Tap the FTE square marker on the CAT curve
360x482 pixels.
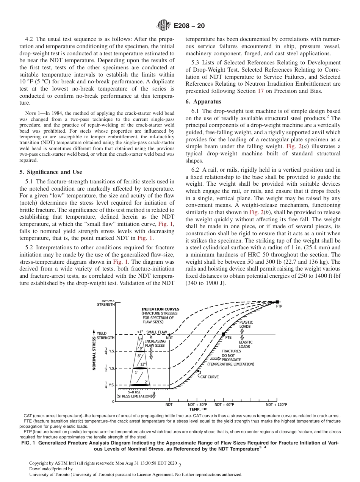[223, 334]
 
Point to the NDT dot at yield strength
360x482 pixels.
[169, 334]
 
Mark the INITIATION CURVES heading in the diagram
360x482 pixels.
[160, 309]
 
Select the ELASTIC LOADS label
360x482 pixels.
[246, 344]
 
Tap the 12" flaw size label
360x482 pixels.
[142, 364]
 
